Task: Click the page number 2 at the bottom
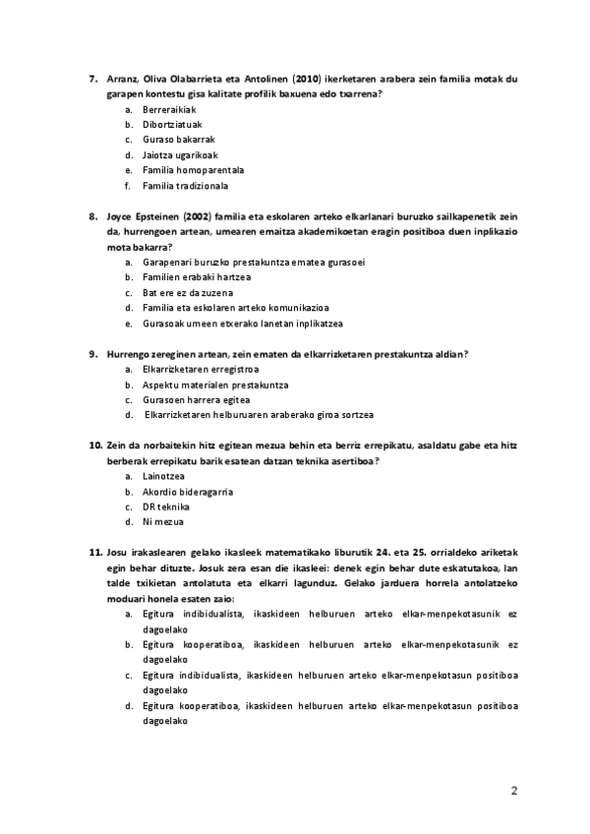(512, 790)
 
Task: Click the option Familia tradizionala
(185, 185)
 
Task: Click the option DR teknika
(163, 506)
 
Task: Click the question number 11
(96, 553)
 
